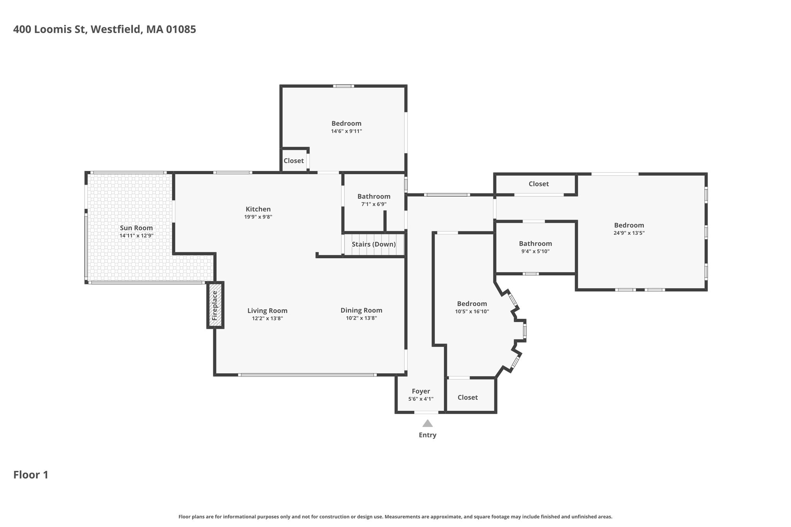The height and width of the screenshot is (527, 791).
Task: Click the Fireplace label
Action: pos(215,305)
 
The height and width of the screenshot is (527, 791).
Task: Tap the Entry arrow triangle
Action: pos(427,423)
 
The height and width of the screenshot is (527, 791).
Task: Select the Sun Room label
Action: pos(136,228)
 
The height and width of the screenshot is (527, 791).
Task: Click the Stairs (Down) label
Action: pos(373,244)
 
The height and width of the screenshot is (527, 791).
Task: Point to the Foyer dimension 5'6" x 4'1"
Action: pos(421,399)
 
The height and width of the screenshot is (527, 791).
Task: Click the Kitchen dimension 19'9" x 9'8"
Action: pos(258,217)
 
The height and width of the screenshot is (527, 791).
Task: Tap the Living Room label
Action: pos(267,310)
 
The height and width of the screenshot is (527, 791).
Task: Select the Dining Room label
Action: pos(361,310)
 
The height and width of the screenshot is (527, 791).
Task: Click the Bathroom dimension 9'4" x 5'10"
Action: pos(535,251)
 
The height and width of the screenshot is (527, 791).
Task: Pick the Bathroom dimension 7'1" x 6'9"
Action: pos(373,204)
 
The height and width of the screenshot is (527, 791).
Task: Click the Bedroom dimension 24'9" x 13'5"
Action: pos(629,233)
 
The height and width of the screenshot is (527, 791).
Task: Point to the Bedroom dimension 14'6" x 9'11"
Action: pos(346,131)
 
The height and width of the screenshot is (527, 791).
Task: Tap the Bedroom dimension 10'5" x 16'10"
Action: pos(472,311)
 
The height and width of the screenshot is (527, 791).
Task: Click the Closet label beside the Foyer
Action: pos(467,397)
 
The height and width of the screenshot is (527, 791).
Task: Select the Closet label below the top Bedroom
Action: pos(294,161)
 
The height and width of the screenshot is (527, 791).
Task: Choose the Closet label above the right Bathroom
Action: pos(538,184)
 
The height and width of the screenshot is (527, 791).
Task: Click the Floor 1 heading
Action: pos(31,474)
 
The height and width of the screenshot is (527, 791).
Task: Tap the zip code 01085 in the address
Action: pos(181,29)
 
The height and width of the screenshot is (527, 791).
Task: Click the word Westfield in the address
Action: pos(115,29)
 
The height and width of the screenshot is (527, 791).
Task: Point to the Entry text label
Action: pos(428,435)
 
